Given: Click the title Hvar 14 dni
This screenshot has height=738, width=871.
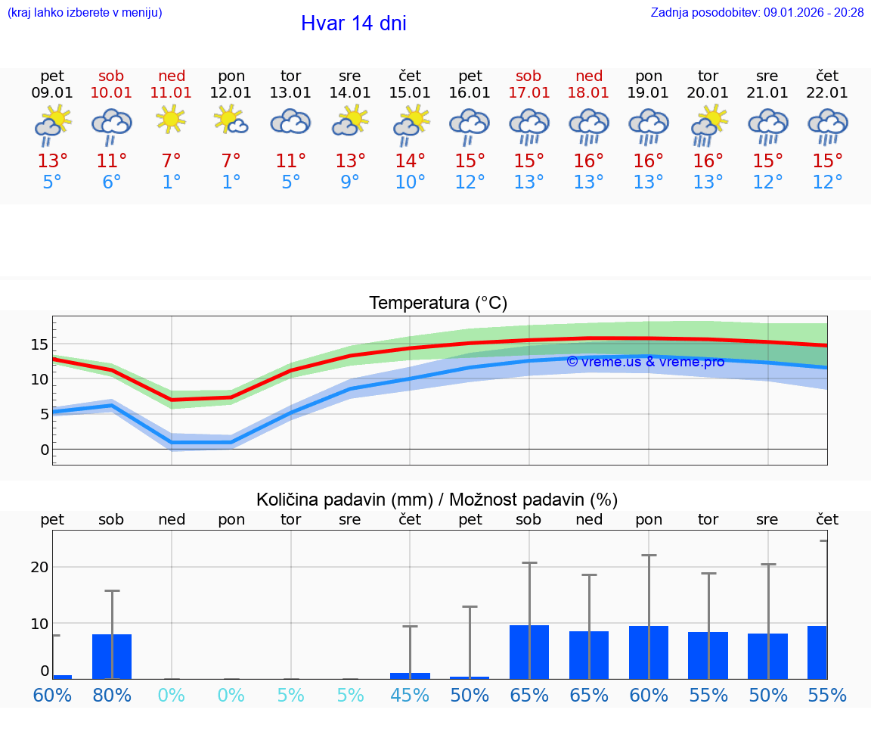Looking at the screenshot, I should click(353, 23).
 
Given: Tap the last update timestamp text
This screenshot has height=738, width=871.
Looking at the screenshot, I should click(757, 12).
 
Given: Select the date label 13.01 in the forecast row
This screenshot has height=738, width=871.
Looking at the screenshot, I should click(290, 93).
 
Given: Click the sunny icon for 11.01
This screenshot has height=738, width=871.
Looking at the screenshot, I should click(171, 120).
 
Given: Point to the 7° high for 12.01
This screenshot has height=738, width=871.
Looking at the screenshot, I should click(231, 161).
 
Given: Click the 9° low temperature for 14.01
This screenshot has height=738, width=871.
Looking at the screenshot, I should click(350, 182).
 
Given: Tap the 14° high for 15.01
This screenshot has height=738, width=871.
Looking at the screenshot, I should click(410, 161).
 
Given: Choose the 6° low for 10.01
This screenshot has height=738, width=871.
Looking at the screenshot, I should click(111, 182).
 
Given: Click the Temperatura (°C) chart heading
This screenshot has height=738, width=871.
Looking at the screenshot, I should click(438, 304).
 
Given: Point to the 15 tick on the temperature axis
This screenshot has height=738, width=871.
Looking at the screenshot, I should click(39, 344).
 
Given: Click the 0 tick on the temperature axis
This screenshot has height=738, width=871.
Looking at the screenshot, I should click(45, 450).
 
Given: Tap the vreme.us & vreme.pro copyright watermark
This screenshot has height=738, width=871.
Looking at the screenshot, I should click(645, 362).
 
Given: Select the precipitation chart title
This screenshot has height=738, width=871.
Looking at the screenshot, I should click(437, 500).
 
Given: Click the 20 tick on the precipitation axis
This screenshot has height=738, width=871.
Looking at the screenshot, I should click(39, 567).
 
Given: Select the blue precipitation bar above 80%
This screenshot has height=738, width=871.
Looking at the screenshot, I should click(112, 656).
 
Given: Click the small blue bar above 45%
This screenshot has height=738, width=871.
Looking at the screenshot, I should click(410, 675).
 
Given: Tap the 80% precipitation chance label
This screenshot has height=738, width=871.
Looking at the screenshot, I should click(112, 696).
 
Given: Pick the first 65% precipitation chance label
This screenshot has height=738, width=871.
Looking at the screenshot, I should click(529, 696).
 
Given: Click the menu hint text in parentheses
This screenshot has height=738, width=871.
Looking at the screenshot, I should click(85, 12).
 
